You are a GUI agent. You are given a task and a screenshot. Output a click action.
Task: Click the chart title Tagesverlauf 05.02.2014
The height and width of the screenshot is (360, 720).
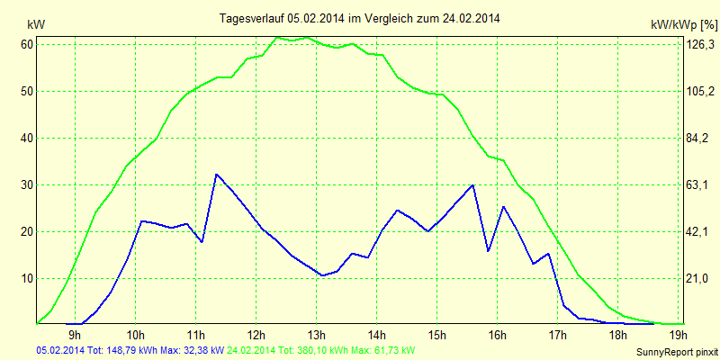(x=360, y=18)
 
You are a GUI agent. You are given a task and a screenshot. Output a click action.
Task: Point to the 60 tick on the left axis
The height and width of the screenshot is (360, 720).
(x=27, y=44)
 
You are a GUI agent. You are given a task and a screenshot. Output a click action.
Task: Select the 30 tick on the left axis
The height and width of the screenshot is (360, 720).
(x=27, y=184)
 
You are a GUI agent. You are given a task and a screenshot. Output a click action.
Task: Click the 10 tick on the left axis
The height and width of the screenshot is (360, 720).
(x=27, y=278)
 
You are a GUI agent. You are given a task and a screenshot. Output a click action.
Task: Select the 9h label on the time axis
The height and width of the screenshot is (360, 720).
(x=75, y=336)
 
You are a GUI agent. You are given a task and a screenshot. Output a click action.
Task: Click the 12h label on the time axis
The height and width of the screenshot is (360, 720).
(x=256, y=336)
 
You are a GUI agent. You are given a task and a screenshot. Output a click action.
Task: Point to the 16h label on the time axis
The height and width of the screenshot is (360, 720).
(x=497, y=336)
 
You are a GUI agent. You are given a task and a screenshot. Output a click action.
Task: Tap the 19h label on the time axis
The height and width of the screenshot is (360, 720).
(x=678, y=336)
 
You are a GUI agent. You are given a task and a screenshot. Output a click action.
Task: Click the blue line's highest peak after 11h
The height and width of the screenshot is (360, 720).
(x=217, y=174)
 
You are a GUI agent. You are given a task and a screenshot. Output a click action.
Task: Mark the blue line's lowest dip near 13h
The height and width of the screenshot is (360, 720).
(x=322, y=275)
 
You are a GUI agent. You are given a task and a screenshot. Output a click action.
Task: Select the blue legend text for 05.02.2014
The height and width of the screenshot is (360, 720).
(x=130, y=349)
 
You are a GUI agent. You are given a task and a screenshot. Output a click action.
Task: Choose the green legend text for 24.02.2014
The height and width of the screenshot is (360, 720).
(x=321, y=349)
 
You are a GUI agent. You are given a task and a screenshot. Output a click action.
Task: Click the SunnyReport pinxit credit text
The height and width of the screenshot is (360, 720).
(x=676, y=352)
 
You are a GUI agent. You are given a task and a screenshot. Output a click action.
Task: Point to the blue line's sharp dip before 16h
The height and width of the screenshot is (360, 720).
(x=488, y=251)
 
